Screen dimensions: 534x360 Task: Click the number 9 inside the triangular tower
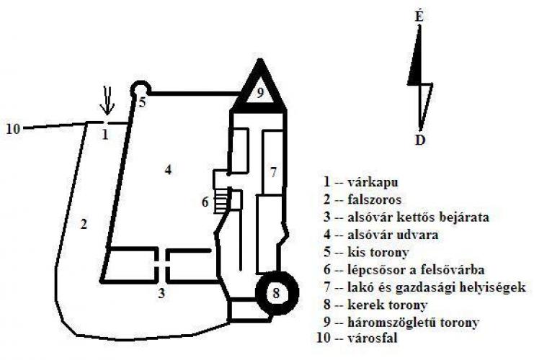coord(260,93)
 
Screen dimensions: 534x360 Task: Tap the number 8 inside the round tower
coord(276,292)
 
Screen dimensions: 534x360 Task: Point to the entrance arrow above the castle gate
coord(107,100)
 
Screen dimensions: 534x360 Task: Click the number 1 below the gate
coord(105,135)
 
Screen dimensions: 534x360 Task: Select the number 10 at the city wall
coord(13,130)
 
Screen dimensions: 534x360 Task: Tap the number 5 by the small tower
coord(143,102)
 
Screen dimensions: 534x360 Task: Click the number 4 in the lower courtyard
coord(168,169)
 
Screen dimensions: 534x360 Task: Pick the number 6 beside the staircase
coord(205,202)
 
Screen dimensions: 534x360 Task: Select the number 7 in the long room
coord(273,173)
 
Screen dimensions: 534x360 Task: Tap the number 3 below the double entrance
coord(161,293)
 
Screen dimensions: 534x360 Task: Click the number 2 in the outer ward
coord(84,224)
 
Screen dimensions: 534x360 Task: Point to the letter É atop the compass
coord(419,17)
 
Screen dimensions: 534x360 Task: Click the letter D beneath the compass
coord(420,140)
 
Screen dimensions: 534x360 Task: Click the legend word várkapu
coord(373,182)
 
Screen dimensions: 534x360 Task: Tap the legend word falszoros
coord(375,199)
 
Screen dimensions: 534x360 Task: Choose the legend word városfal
coord(373,338)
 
